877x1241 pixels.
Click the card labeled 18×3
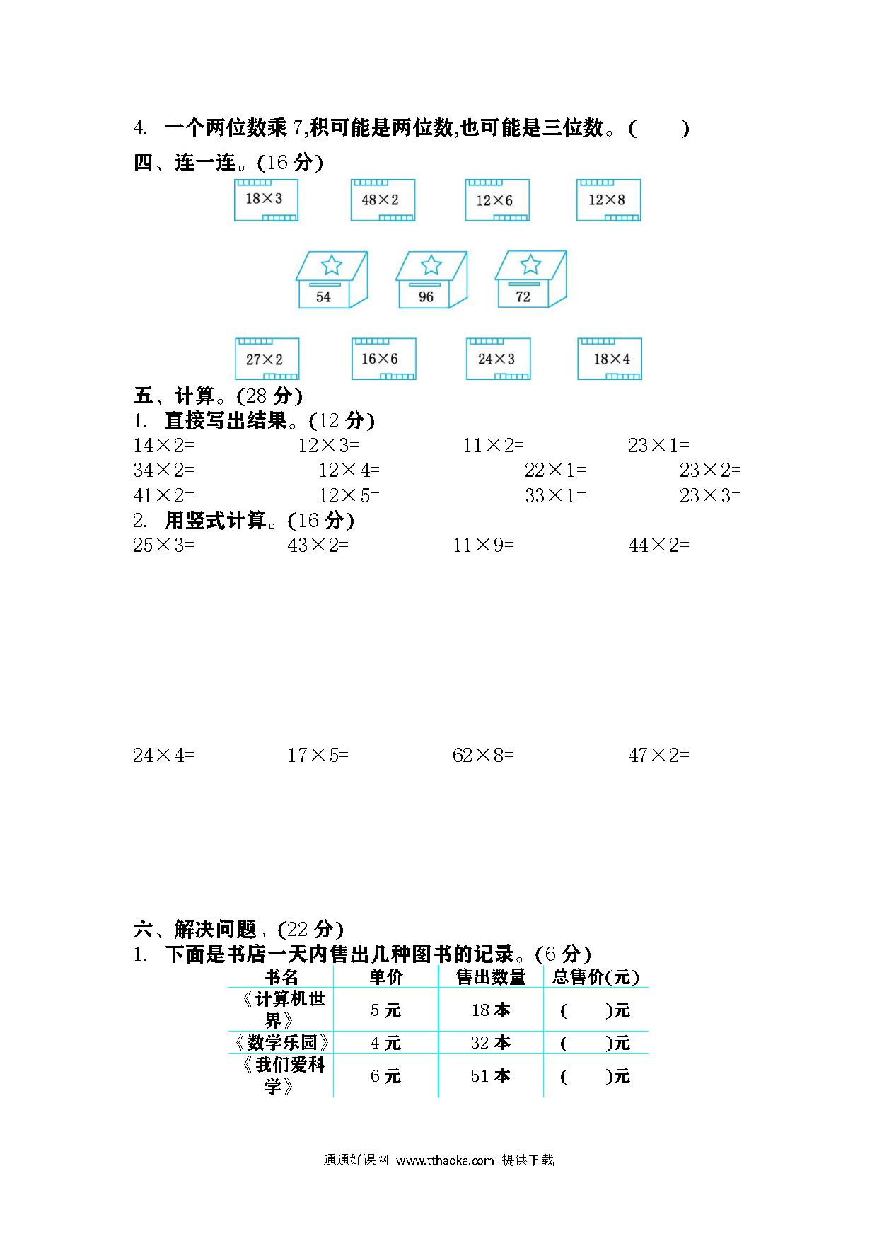point(266,200)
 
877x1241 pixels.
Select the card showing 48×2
point(383,200)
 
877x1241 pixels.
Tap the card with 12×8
point(608,200)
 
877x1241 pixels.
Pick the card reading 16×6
point(384,359)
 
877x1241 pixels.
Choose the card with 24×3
point(498,359)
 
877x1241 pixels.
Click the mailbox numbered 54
point(331,280)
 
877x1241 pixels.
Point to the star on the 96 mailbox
point(431,265)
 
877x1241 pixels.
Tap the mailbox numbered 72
point(530,279)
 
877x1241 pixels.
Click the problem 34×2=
point(163,470)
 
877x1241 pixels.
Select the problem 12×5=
point(349,495)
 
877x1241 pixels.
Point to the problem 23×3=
point(710,495)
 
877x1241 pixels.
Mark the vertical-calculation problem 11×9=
point(484,545)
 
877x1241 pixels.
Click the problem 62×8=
point(483,756)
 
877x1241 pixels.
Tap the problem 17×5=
point(318,756)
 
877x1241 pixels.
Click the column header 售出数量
point(491,977)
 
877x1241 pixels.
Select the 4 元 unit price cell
point(385,1043)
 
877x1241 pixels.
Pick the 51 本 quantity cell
point(491,1076)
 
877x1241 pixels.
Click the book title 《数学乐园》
point(281,1043)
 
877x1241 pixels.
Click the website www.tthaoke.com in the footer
point(445,1160)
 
